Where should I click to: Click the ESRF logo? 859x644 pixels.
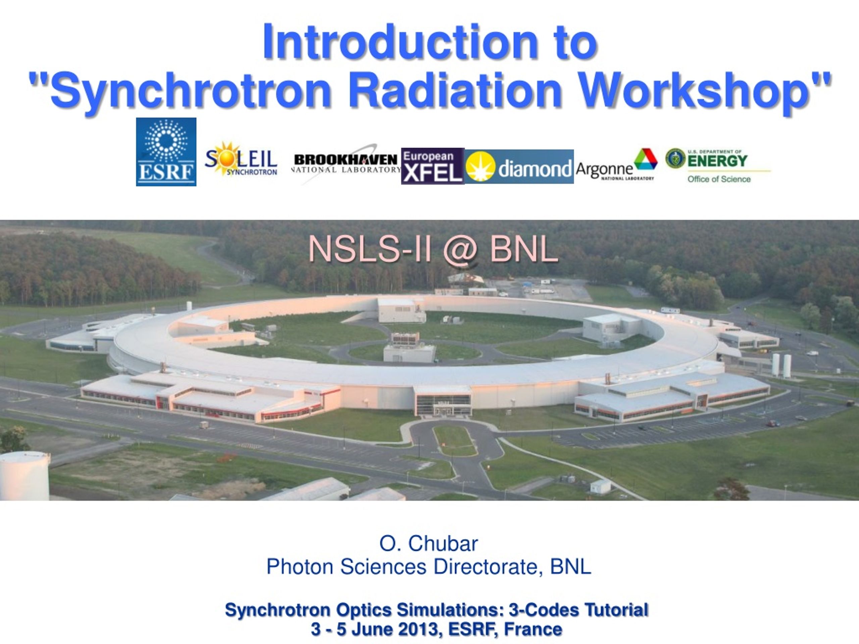coord(166,152)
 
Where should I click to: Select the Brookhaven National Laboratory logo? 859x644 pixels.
coord(346,164)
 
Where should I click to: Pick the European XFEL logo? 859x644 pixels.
coord(433,166)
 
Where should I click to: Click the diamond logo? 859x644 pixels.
coord(519,166)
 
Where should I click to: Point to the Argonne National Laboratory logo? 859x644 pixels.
coord(617,165)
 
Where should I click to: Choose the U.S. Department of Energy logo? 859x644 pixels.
coord(718,166)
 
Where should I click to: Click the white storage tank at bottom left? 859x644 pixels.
coord(24,476)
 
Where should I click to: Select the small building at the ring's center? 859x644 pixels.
coord(409,348)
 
